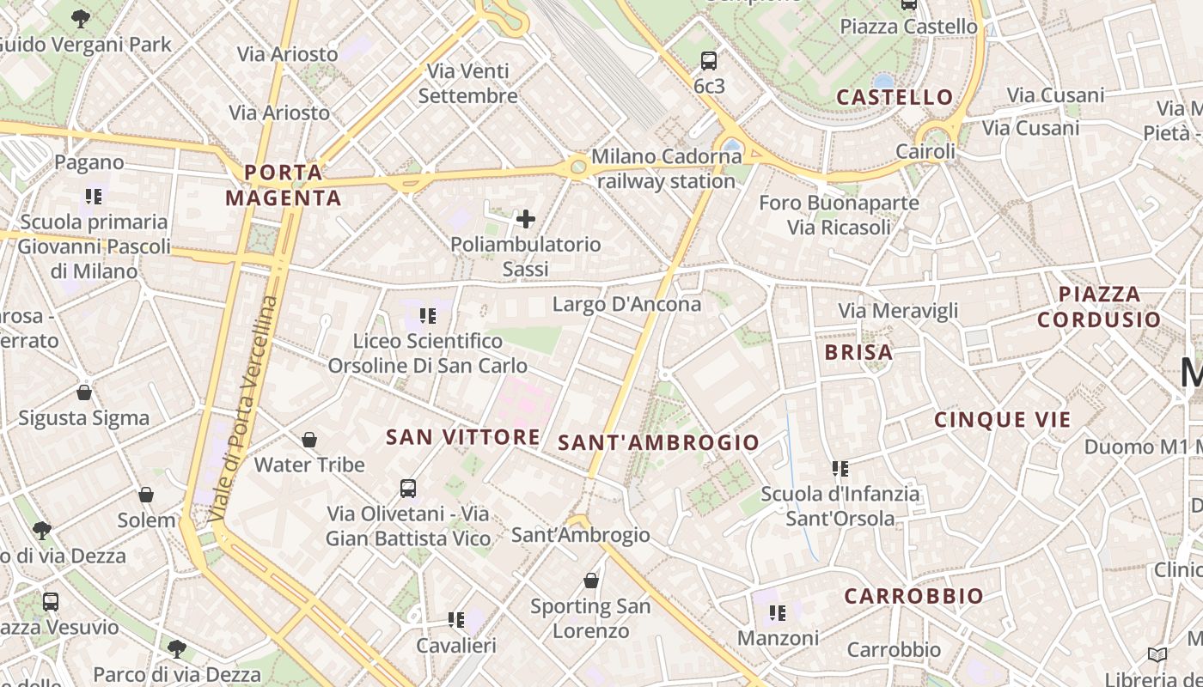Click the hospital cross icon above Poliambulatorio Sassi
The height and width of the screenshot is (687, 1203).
coord(525,219)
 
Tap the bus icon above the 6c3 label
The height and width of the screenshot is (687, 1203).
coord(709,61)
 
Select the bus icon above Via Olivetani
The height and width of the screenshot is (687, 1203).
coord(408,489)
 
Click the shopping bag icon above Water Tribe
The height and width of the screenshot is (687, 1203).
coord(309,440)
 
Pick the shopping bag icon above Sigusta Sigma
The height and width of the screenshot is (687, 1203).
coord(84,392)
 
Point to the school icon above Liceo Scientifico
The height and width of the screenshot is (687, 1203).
coord(428,316)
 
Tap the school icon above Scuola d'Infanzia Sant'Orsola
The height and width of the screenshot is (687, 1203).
coord(840,469)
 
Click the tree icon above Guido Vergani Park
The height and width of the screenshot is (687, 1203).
coord(81,18)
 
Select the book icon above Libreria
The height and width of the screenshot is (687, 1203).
coord(1157,654)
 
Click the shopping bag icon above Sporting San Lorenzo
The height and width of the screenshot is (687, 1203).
coord(591,581)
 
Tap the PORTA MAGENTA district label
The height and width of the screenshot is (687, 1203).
coord(283,185)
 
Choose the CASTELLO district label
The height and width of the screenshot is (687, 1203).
coord(895,97)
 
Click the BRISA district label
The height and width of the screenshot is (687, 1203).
coord(858,352)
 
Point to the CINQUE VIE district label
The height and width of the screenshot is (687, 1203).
coord(1003,420)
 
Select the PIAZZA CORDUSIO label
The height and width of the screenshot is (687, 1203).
coord(1099,307)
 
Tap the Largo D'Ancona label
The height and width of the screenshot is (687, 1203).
coord(626,304)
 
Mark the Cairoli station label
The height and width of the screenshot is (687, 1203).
coord(925,152)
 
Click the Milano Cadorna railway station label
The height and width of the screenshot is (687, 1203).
coord(665,169)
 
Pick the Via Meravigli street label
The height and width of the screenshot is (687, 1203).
coord(898,311)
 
